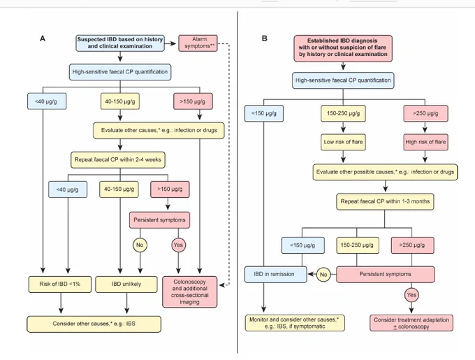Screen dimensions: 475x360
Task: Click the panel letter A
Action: [x=43, y=38]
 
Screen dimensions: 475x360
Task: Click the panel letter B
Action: [x=265, y=38]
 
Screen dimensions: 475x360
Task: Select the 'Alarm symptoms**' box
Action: [x=198, y=43]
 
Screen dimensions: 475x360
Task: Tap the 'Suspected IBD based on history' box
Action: [x=120, y=43]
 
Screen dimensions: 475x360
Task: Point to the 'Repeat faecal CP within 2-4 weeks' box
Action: [x=118, y=159]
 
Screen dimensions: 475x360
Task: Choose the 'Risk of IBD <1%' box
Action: [x=60, y=285]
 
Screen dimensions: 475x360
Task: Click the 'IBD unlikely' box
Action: [x=126, y=285]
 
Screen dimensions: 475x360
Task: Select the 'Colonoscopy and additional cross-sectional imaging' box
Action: [x=190, y=291]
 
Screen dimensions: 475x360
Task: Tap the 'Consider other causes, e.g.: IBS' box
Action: [x=94, y=324]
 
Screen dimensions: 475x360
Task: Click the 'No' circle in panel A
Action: [x=140, y=245]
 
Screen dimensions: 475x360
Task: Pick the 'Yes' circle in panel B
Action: [x=411, y=295]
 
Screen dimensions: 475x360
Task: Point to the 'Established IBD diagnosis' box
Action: [x=343, y=48]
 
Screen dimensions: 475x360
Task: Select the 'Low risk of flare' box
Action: [x=343, y=142]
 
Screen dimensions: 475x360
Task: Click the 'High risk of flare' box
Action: [x=425, y=142]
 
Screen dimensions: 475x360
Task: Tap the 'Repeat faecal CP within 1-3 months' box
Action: [x=385, y=201]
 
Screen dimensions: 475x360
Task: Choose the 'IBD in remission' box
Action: [x=276, y=274]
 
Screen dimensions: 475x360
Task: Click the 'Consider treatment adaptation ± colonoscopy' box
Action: [x=411, y=323]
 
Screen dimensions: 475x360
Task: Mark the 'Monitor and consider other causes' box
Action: [x=295, y=323]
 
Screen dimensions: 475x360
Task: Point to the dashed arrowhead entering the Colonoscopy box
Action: [x=221, y=285]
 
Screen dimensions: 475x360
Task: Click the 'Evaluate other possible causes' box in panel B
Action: [x=385, y=172]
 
